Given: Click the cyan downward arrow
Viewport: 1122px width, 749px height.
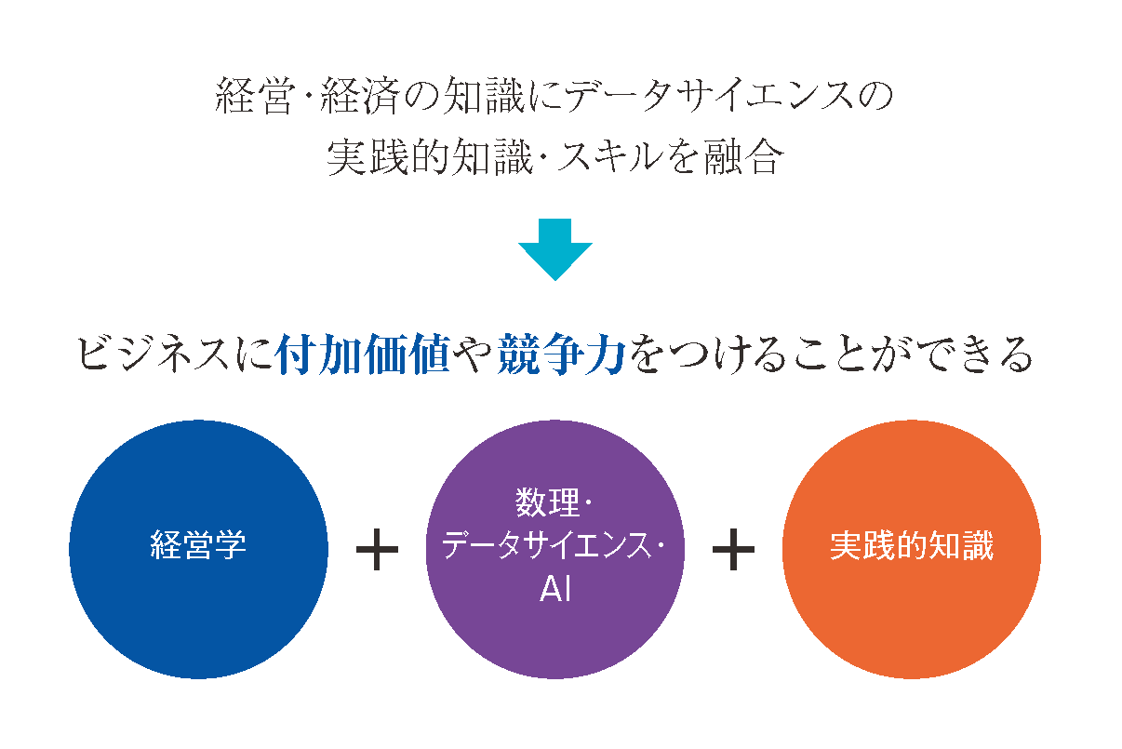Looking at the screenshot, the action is click(x=555, y=249).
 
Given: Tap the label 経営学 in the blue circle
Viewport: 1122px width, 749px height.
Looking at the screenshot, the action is click(x=198, y=545).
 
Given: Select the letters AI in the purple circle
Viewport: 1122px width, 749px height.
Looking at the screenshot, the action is click(x=555, y=589).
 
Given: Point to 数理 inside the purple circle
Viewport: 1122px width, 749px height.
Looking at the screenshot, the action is click(x=547, y=502).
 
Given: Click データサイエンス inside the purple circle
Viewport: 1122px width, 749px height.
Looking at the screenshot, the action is click(x=546, y=545).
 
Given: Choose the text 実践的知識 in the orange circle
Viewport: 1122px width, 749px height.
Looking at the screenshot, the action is click(x=912, y=545).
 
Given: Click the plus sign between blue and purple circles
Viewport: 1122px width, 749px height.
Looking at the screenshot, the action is click(x=377, y=550).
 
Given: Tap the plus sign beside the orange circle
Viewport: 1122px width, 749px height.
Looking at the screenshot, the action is click(x=733, y=550).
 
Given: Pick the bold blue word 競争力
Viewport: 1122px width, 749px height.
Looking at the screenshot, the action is click(x=562, y=354).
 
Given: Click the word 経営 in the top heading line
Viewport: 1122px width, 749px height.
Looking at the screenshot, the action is click(x=253, y=96).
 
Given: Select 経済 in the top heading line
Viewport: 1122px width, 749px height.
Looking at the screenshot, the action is click(x=360, y=96).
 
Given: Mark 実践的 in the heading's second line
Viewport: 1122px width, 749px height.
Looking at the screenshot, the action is click(x=388, y=157).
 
